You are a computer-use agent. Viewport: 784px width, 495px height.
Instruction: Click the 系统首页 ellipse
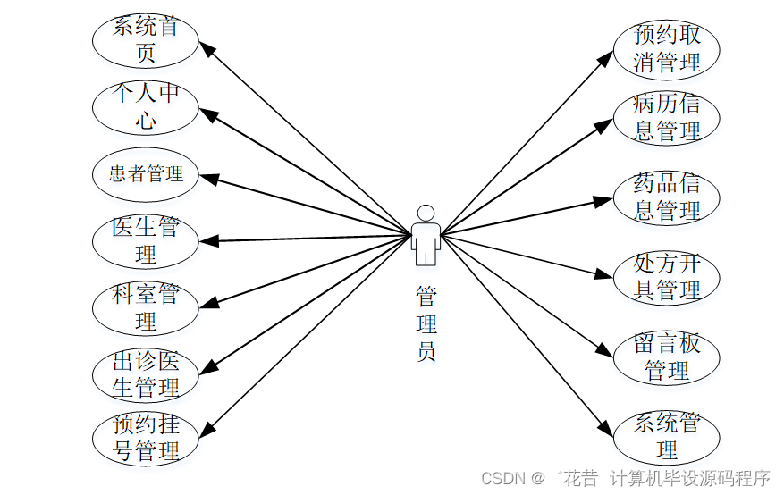point(146,40)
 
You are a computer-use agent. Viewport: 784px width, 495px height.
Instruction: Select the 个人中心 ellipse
point(146,106)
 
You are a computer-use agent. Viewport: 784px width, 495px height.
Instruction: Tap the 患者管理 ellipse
point(146,173)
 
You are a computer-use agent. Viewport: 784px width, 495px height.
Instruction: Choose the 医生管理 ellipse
point(146,240)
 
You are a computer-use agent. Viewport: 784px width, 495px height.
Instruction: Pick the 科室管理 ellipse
point(146,306)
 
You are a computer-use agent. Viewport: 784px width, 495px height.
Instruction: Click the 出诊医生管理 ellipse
point(146,373)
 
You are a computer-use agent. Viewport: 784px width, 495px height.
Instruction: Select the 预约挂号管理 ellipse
point(146,438)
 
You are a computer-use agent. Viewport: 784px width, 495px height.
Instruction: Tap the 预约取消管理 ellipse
point(667,49)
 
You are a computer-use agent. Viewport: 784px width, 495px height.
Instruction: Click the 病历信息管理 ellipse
point(667,118)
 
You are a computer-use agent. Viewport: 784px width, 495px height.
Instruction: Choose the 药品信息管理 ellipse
point(667,197)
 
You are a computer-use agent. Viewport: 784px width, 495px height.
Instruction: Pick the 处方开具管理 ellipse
point(667,277)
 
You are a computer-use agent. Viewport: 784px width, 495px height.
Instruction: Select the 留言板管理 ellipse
point(667,357)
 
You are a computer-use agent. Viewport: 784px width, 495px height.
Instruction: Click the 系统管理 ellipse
point(667,436)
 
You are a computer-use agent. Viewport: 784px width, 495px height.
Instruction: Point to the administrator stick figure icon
point(426,236)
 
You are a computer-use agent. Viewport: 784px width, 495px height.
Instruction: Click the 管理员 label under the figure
point(426,323)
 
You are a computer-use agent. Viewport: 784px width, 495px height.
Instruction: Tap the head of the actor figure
point(426,213)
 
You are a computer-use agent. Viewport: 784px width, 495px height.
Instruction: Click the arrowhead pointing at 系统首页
point(206,49)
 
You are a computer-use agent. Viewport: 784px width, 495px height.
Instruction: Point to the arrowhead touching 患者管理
point(207,178)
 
